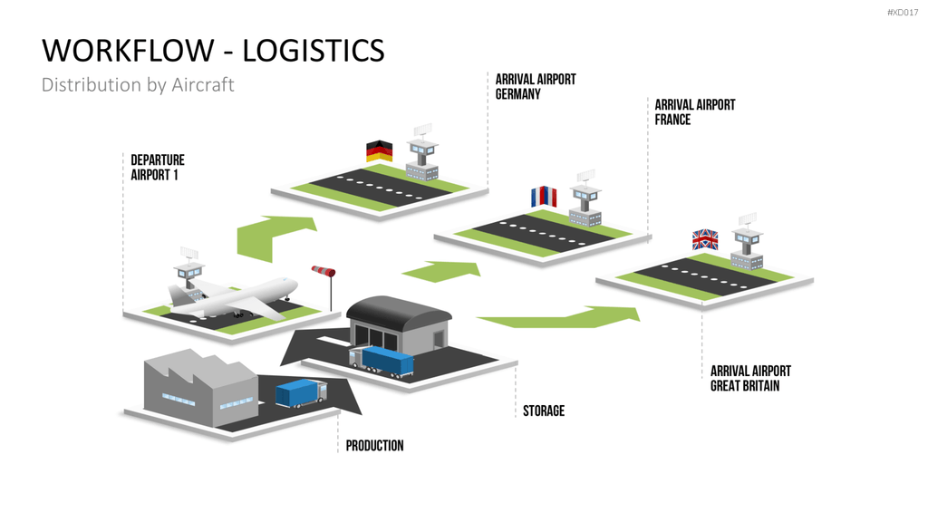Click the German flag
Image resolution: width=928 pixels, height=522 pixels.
(x=379, y=151)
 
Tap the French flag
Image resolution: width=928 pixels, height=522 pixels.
(x=544, y=197)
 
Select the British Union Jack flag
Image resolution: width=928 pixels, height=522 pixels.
(x=705, y=239)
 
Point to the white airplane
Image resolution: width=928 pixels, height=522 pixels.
(x=233, y=297)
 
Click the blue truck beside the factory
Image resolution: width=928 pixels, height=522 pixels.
(x=301, y=393)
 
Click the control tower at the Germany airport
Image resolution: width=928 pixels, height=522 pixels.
(x=422, y=153)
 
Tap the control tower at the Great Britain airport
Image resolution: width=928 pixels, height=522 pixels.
(x=747, y=242)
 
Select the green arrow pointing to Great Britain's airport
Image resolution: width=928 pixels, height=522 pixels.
(x=559, y=317)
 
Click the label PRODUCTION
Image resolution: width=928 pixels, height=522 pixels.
(x=374, y=446)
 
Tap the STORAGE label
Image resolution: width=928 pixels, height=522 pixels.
(x=544, y=411)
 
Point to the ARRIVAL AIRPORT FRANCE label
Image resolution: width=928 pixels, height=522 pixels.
(x=695, y=111)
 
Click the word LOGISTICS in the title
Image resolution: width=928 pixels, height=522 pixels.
(x=314, y=51)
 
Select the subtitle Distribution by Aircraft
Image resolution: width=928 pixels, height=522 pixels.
(x=138, y=84)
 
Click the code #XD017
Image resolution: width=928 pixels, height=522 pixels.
(x=903, y=13)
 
